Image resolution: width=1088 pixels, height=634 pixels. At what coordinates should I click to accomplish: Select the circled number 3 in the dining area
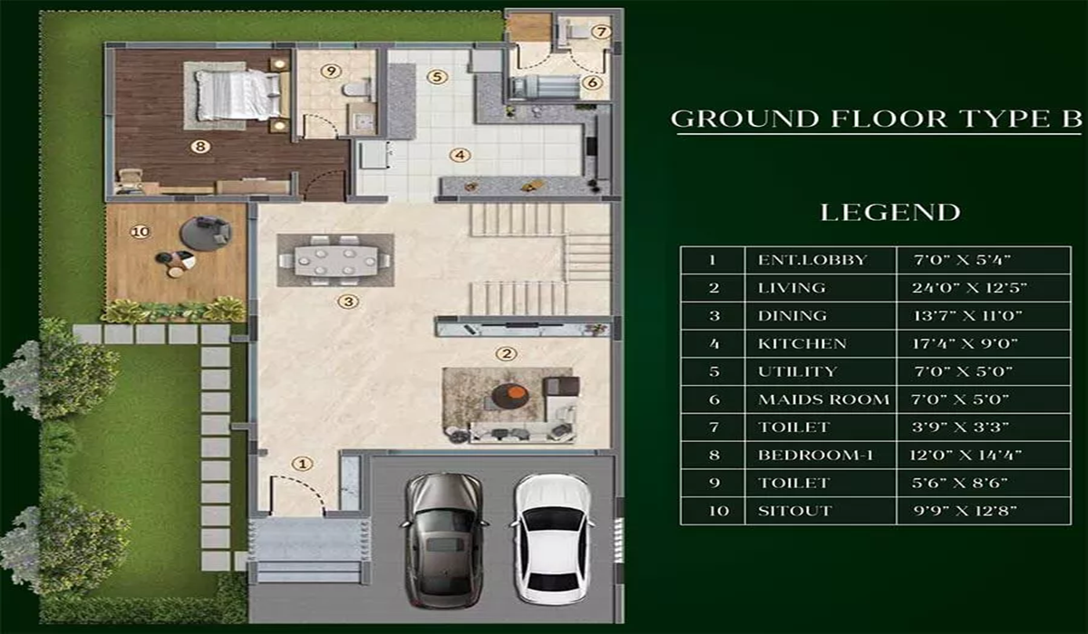click(x=345, y=302)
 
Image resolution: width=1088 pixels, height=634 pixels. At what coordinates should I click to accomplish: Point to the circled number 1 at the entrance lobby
click(x=303, y=464)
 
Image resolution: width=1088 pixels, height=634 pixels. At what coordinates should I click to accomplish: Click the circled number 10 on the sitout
click(x=139, y=232)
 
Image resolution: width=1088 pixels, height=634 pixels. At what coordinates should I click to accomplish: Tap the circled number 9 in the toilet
click(x=332, y=70)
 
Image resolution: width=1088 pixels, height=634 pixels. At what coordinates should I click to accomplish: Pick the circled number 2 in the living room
click(x=509, y=353)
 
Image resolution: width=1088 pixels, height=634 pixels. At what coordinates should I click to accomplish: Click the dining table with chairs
click(x=335, y=260)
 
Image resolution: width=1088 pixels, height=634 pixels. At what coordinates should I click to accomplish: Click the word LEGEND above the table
click(x=889, y=213)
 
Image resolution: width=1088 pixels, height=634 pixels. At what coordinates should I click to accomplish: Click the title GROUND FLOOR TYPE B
click(x=876, y=120)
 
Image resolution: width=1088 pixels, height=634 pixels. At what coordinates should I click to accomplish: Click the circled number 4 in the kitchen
click(x=461, y=155)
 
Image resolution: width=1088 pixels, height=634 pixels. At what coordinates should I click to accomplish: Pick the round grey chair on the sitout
click(x=206, y=233)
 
